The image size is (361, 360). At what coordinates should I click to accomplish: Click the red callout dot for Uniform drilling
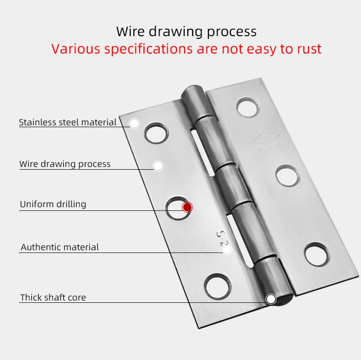coord(187,207)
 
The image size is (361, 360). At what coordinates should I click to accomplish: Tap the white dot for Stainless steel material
coord(134,124)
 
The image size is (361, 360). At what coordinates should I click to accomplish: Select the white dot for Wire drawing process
coord(158,166)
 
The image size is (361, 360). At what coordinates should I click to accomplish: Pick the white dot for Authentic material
coord(227,249)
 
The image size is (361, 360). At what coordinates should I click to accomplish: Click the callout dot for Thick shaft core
coord(271,299)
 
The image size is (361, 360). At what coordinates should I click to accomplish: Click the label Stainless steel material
coord(68,123)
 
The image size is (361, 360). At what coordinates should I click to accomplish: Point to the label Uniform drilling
coord(53,204)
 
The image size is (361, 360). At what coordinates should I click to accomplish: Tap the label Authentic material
coord(60,247)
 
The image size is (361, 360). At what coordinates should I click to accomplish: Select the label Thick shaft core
coord(53,298)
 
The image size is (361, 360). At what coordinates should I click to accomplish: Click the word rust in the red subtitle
coord(308,49)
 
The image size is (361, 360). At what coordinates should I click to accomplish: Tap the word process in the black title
coord(232,32)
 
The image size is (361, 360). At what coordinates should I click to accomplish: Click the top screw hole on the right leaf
coord(247,107)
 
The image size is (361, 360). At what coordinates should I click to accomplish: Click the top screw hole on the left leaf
coord(155,134)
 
